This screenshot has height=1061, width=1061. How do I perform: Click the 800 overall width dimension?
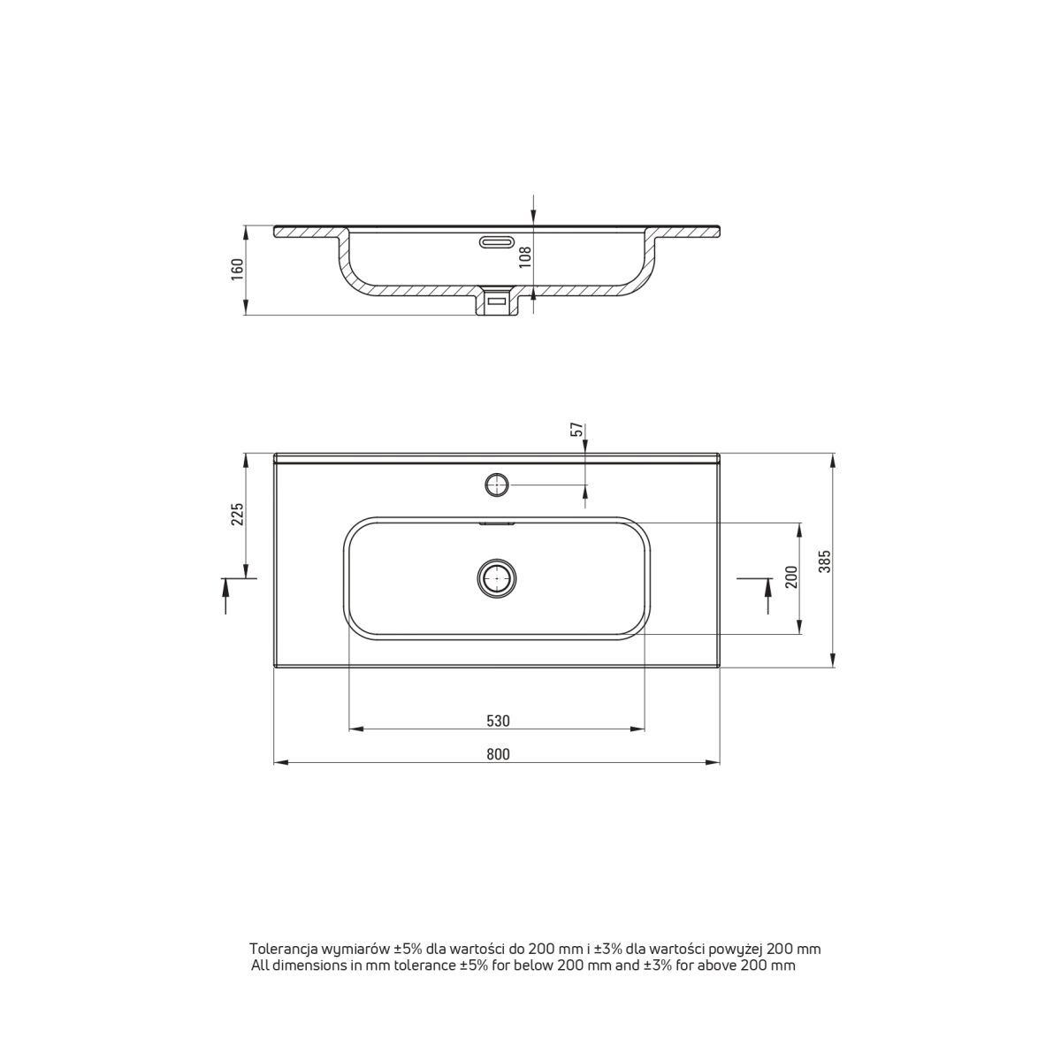click(498, 754)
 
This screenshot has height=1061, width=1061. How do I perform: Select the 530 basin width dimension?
click(498, 721)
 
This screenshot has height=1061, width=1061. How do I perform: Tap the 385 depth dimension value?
click(824, 561)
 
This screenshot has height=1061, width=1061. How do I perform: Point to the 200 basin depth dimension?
click(791, 577)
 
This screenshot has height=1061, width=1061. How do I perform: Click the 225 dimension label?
click(237, 514)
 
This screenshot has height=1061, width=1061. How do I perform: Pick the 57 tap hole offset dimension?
click(576, 430)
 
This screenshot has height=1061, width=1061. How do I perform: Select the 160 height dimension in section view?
click(237, 270)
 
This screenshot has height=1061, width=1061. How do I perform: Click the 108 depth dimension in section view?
click(526, 256)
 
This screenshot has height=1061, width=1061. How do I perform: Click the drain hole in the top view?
click(496, 578)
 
